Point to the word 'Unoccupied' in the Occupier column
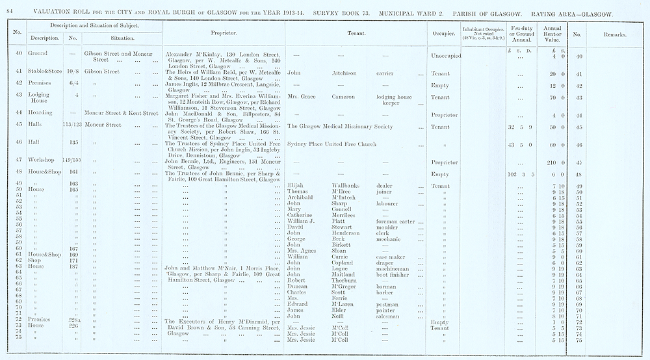[x=446, y=56]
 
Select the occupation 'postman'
[x=387, y=304]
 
